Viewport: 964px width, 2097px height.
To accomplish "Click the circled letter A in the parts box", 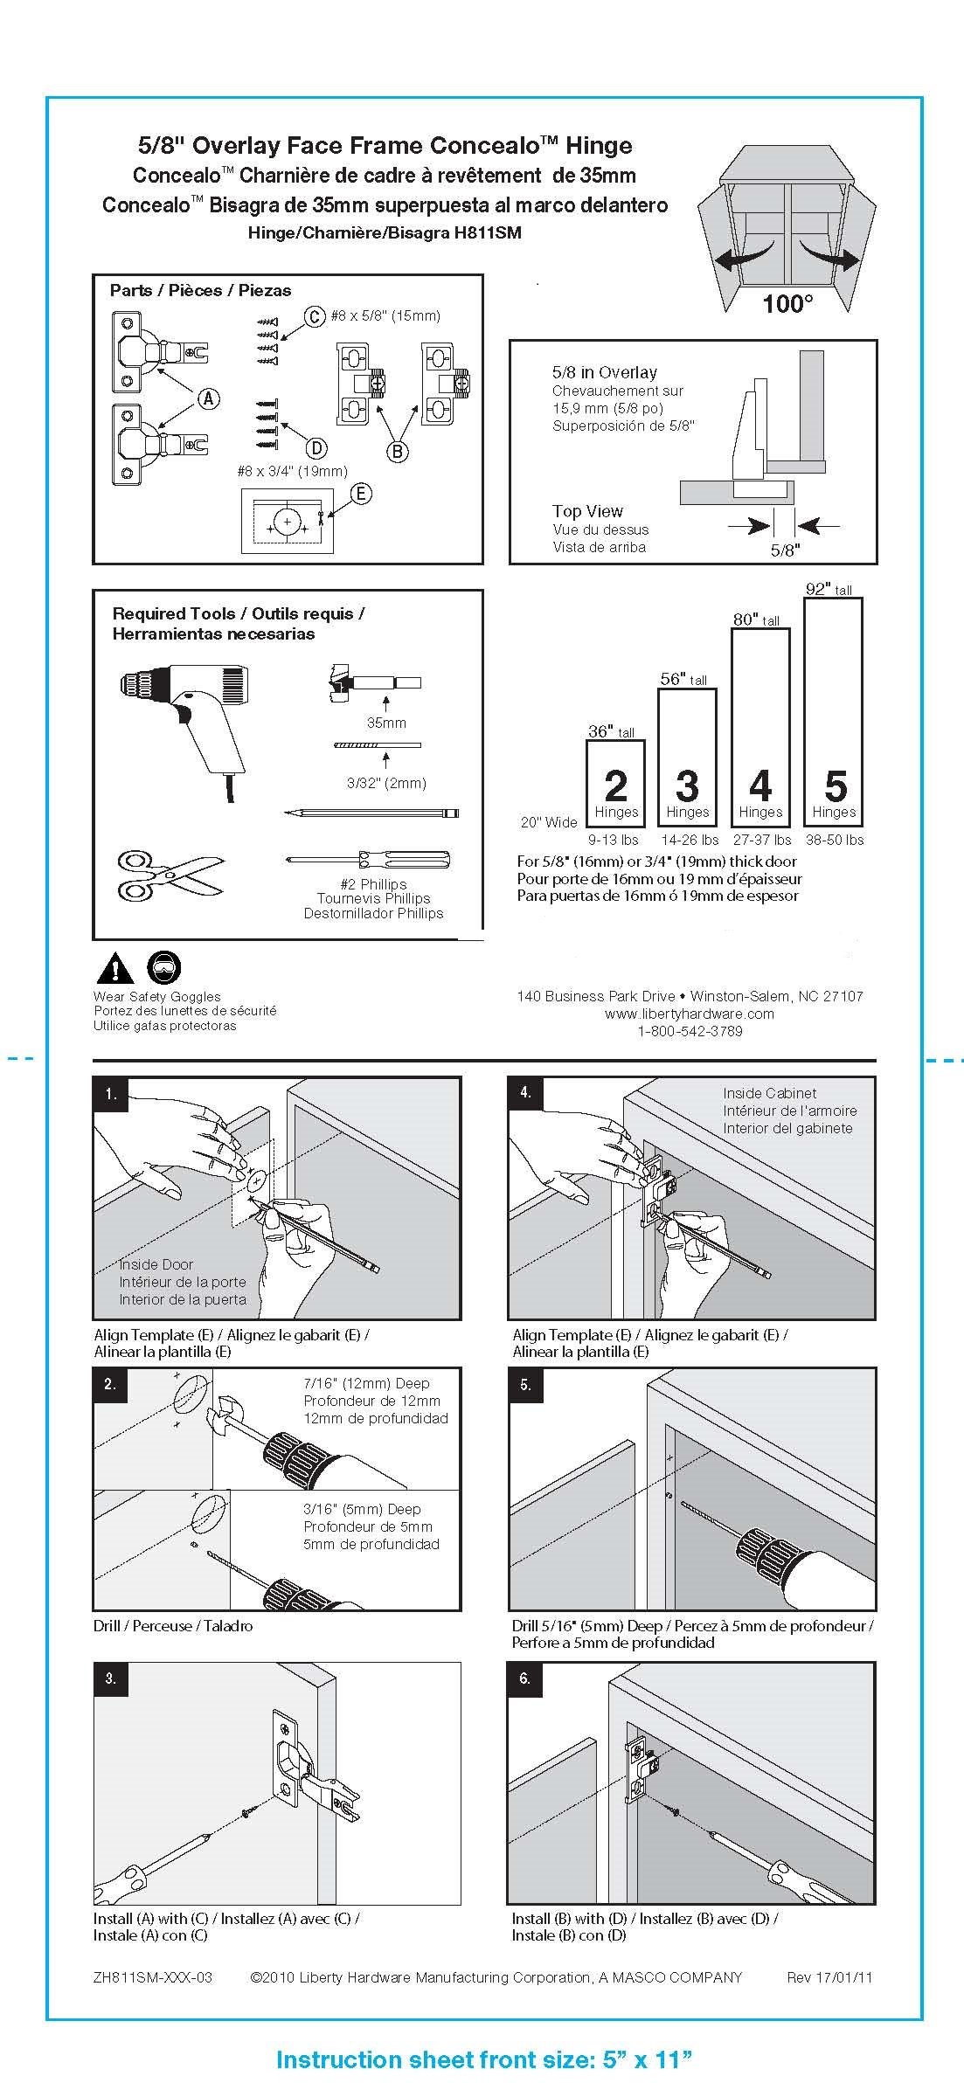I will pos(208,398).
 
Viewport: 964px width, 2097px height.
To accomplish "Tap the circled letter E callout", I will pos(360,494).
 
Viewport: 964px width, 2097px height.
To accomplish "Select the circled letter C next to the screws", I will pos(314,315).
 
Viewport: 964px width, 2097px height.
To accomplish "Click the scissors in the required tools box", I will pos(169,875).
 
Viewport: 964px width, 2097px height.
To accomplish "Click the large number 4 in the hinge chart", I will pos(759,786).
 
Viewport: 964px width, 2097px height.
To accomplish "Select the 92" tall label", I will pos(828,590).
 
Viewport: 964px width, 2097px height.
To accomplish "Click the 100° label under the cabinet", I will pos(787,304).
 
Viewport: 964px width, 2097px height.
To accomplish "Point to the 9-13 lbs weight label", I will pos(614,840).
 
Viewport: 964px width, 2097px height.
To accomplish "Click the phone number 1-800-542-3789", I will pos(690,1031).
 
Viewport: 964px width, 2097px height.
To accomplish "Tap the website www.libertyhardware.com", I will pos(690,1014).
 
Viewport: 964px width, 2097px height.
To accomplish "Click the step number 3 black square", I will pos(111,1678).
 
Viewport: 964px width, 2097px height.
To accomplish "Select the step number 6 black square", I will pos(525,1678).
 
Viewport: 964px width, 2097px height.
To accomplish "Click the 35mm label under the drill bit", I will pos(385,723).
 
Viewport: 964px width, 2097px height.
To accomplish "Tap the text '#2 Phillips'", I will pos(373,883).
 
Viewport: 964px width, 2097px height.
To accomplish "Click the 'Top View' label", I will pos(587,511).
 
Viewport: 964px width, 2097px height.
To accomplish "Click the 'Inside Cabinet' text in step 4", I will pos(769,1093).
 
